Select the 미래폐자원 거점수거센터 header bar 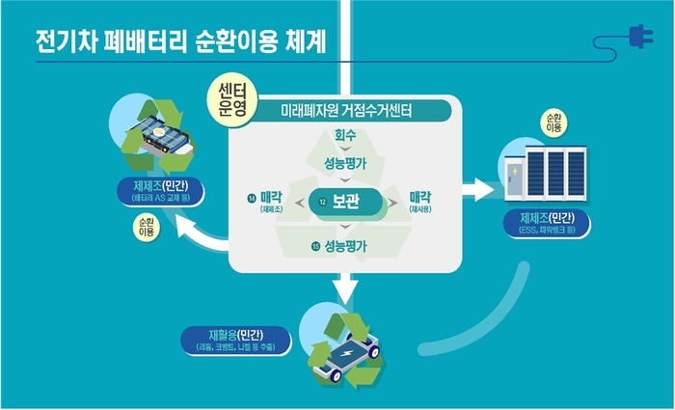click(346, 111)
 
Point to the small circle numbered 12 click(323, 205)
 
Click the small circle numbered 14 click(251, 198)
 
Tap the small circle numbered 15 click(315, 247)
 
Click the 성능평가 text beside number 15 click(347, 247)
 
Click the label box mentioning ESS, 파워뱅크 click(548, 223)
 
